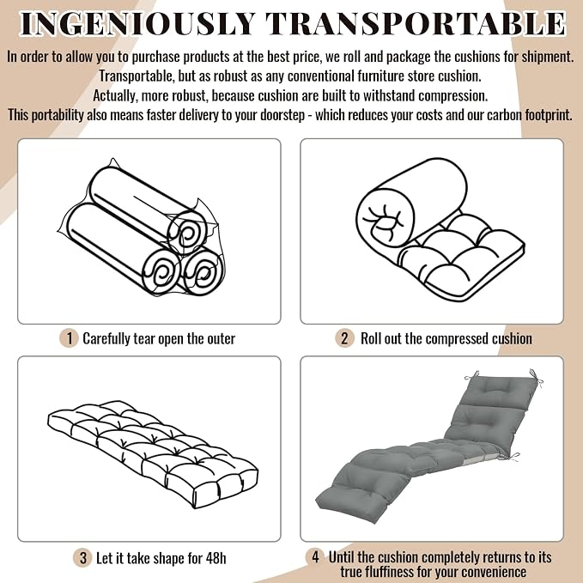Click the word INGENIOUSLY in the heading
137,24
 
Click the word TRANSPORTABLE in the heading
416,24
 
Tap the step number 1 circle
69,338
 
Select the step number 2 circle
344,338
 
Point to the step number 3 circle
83,558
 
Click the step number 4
315,557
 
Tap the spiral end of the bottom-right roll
203,272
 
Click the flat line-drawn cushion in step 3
153,454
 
